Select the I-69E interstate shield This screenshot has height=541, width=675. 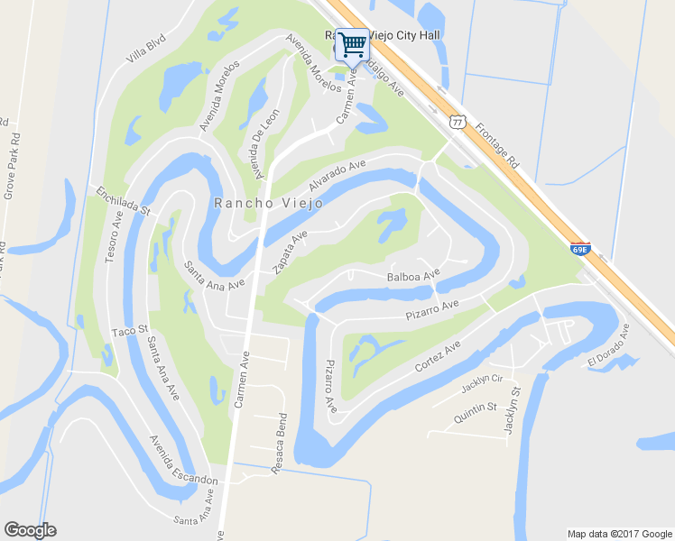pos(581,248)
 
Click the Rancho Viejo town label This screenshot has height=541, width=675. pos(255,203)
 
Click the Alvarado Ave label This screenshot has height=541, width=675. pos(336,175)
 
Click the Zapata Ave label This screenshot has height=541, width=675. pos(290,251)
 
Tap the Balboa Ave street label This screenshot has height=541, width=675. pos(412,274)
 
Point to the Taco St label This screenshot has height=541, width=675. pos(128,333)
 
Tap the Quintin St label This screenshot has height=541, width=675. pos(476,415)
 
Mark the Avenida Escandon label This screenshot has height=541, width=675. pos(183,461)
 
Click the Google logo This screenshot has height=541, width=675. pos(30,529)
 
